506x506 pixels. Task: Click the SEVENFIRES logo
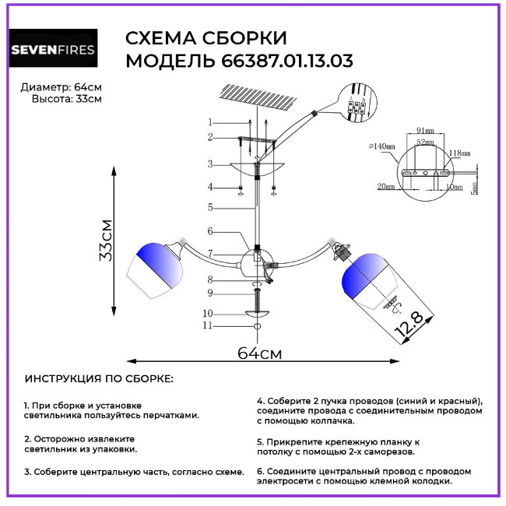click(53, 51)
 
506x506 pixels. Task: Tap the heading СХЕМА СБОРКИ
click(206, 39)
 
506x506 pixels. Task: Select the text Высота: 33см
click(66, 99)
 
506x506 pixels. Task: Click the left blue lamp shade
click(159, 266)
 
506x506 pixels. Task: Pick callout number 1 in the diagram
click(209, 122)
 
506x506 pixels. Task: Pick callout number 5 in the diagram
click(209, 207)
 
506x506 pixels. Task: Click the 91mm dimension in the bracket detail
click(425, 130)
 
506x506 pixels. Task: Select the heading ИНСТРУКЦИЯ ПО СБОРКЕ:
click(100, 379)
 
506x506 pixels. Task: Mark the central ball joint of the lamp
click(256, 261)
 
